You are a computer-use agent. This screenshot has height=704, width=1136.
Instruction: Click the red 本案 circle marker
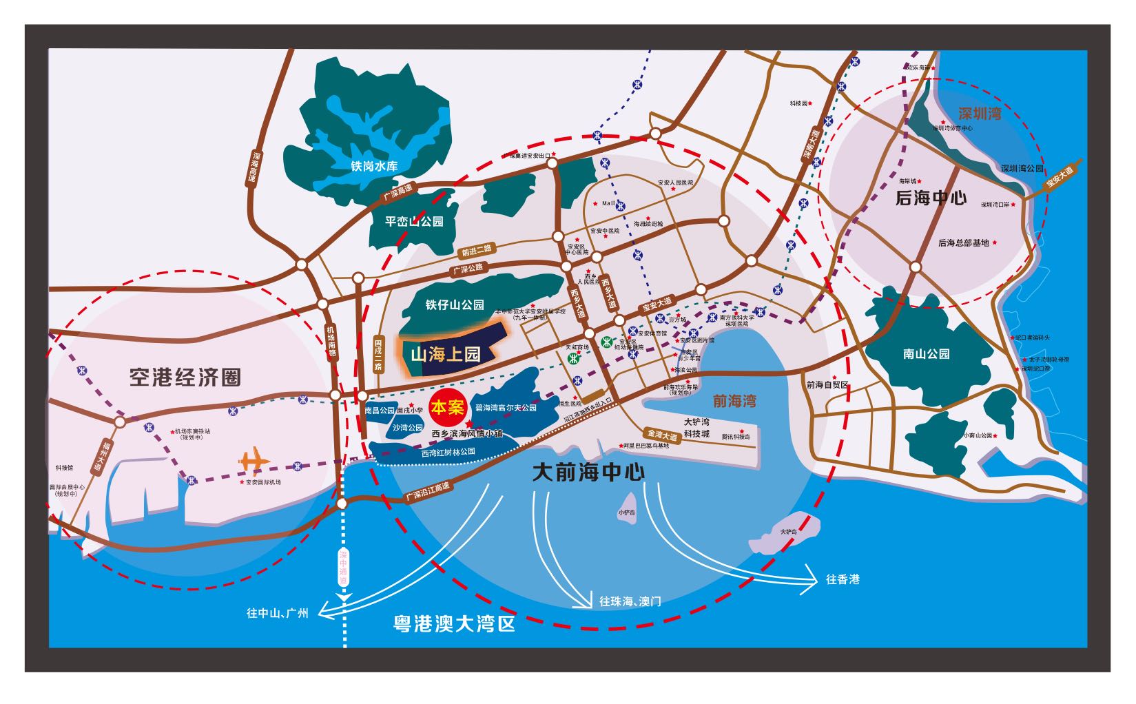click(x=447, y=407)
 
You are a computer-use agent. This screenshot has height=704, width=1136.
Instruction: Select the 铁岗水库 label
click(x=374, y=166)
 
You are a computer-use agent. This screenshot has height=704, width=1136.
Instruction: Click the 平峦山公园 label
click(x=413, y=221)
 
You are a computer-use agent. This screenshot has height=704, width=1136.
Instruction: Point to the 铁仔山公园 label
click(x=455, y=304)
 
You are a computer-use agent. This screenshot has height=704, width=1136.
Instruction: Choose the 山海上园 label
click(x=445, y=355)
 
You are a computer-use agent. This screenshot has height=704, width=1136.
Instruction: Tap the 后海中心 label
click(x=931, y=199)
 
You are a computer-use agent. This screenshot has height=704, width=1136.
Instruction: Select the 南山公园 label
click(x=926, y=354)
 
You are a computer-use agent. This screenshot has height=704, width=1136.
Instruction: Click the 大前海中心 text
click(x=589, y=473)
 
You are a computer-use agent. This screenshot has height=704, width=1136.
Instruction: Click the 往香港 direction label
click(x=843, y=579)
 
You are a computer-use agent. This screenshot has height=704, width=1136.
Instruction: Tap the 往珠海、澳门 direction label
click(x=630, y=601)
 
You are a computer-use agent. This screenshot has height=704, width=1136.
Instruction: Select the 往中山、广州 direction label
click(x=278, y=612)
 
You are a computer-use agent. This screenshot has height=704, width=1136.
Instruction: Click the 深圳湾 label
click(x=980, y=114)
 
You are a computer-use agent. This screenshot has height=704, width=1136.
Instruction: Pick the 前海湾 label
click(x=734, y=401)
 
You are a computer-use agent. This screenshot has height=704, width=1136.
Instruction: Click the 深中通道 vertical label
click(x=343, y=568)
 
